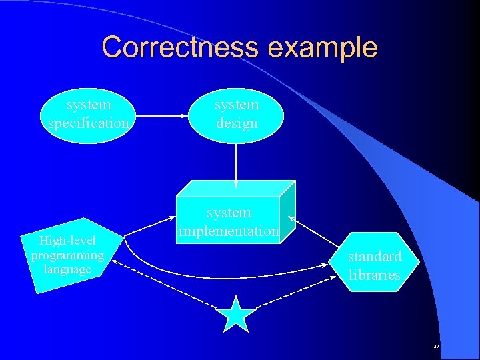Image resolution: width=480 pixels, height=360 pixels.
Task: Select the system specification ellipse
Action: tap(89, 115)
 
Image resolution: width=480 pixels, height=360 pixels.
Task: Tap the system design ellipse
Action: tap(237, 115)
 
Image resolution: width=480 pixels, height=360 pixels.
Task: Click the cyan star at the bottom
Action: tap(236, 315)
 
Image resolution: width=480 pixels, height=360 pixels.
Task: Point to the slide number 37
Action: tap(437, 347)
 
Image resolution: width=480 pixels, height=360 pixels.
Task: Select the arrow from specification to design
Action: tap(163, 115)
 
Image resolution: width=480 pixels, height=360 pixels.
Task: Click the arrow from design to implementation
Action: tap(236, 163)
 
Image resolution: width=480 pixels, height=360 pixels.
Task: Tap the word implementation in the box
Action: tap(229, 231)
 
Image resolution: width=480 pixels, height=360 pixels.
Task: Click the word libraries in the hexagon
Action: tap(375, 275)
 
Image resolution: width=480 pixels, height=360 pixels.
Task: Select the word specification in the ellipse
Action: tap(89, 123)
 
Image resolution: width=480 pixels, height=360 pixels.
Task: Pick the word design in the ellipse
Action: tap(237, 123)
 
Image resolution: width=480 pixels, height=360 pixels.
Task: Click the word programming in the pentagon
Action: tap(67, 255)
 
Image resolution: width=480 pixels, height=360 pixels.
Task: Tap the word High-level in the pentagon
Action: tap(67, 241)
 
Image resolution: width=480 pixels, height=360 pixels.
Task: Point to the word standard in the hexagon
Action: tap(375, 256)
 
